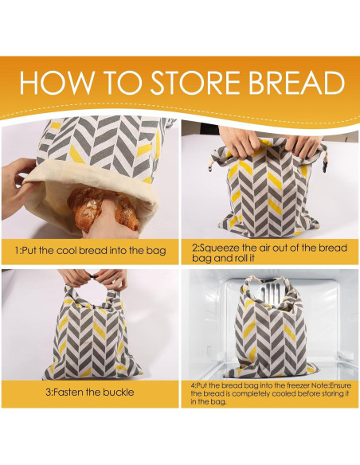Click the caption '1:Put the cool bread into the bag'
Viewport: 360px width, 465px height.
click(90, 251)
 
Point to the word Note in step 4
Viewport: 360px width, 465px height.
click(306, 386)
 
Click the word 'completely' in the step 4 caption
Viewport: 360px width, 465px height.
click(237, 394)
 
